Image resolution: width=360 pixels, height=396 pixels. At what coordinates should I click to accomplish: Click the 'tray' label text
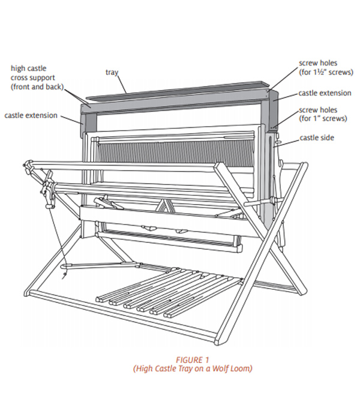tap(112, 73)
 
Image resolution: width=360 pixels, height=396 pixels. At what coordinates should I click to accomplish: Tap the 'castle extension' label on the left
tap(31, 115)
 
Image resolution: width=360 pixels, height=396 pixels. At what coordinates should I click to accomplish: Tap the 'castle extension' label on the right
tap(325, 94)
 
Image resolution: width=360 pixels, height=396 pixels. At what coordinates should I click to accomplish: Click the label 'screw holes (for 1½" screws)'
tap(325, 68)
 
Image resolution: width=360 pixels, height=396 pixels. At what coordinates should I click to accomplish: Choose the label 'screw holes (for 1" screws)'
tap(323, 115)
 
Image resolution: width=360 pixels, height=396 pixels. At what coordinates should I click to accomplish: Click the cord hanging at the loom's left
tap(58, 240)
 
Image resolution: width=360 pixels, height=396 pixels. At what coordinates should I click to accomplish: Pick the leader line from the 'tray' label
tap(122, 83)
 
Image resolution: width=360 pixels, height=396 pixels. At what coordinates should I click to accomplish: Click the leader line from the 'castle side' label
tap(291, 141)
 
